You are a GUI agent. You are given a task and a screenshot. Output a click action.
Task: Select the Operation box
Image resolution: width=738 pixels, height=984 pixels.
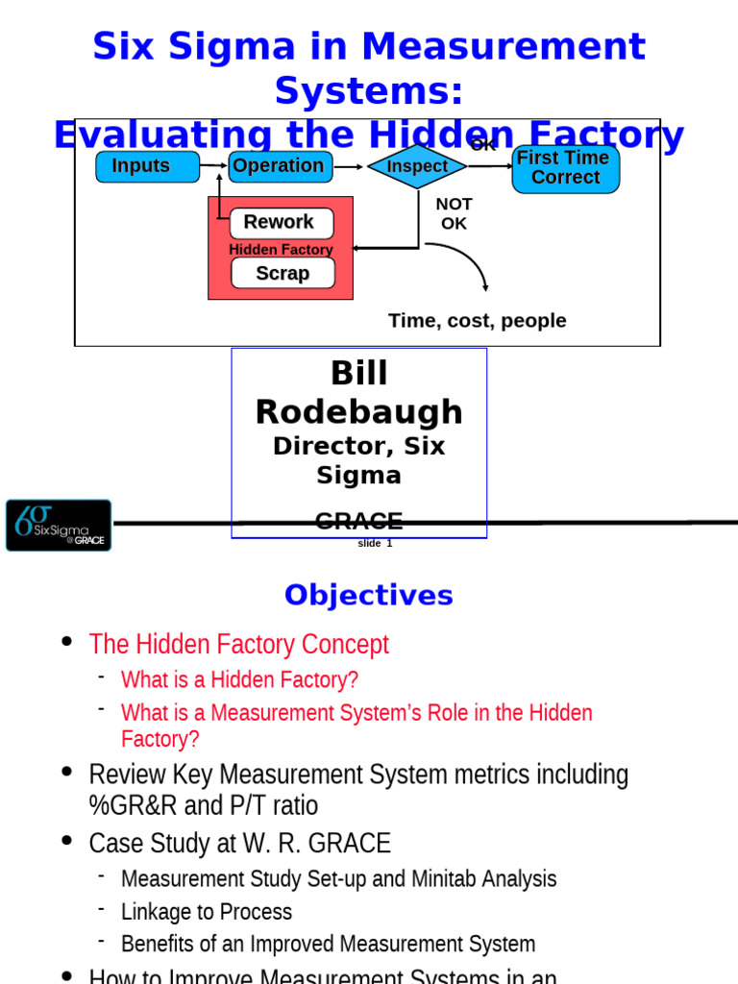(280, 166)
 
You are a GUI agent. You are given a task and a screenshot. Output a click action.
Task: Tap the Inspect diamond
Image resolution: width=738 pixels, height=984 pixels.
(417, 166)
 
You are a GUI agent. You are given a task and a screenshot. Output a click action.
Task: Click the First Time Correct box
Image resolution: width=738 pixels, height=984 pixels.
(565, 168)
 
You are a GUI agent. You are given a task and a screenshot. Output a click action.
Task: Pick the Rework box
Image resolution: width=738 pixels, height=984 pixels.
(281, 222)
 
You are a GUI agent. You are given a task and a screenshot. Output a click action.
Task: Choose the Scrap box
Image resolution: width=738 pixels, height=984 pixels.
(283, 273)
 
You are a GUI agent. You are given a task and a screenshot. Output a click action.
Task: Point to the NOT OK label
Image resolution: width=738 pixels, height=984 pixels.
(454, 213)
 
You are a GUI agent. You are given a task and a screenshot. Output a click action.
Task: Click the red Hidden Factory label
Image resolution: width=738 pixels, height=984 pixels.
(281, 250)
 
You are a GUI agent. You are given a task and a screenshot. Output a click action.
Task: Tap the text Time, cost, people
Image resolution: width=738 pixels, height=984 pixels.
(477, 321)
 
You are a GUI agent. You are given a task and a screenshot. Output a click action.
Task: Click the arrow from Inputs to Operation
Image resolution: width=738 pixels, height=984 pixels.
(213, 166)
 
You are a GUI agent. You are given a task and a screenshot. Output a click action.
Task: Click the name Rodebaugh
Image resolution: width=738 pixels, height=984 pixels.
(358, 411)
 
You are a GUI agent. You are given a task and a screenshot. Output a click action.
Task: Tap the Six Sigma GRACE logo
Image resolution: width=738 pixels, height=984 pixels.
(59, 525)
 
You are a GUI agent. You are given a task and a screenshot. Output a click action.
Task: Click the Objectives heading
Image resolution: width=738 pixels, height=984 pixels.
(368, 596)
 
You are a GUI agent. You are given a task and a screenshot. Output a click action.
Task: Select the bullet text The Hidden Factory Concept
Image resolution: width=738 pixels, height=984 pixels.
(238, 644)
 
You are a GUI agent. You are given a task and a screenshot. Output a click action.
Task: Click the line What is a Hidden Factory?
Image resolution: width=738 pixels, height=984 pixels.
(239, 680)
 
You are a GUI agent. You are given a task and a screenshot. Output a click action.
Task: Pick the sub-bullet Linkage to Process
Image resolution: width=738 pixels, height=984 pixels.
(207, 911)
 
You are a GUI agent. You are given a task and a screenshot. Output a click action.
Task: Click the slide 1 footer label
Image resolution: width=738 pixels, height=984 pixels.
(375, 544)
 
